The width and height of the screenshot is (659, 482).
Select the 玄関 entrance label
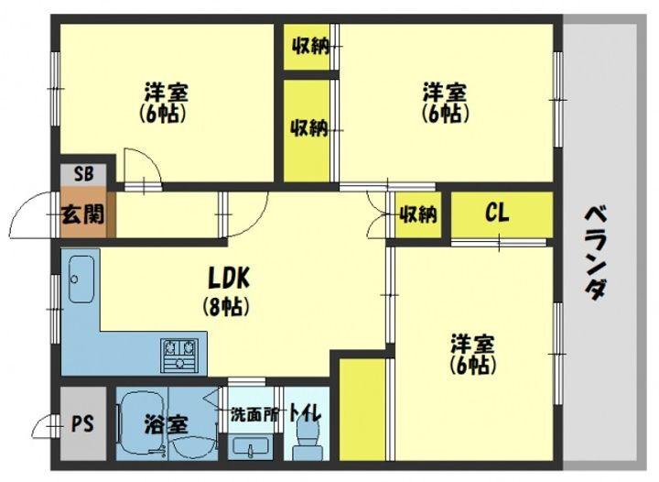pos(81,216)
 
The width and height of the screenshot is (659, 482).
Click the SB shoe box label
pos(82,172)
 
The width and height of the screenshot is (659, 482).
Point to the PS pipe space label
pos(82,426)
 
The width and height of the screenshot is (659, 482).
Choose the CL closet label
pos(497,214)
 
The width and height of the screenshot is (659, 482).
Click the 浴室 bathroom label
pos(166,425)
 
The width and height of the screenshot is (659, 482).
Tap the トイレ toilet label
pos(304,414)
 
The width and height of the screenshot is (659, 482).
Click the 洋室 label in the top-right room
pos(446,93)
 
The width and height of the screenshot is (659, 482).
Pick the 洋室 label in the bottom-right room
pos(472,344)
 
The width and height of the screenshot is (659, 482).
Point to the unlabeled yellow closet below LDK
pos(362,412)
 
